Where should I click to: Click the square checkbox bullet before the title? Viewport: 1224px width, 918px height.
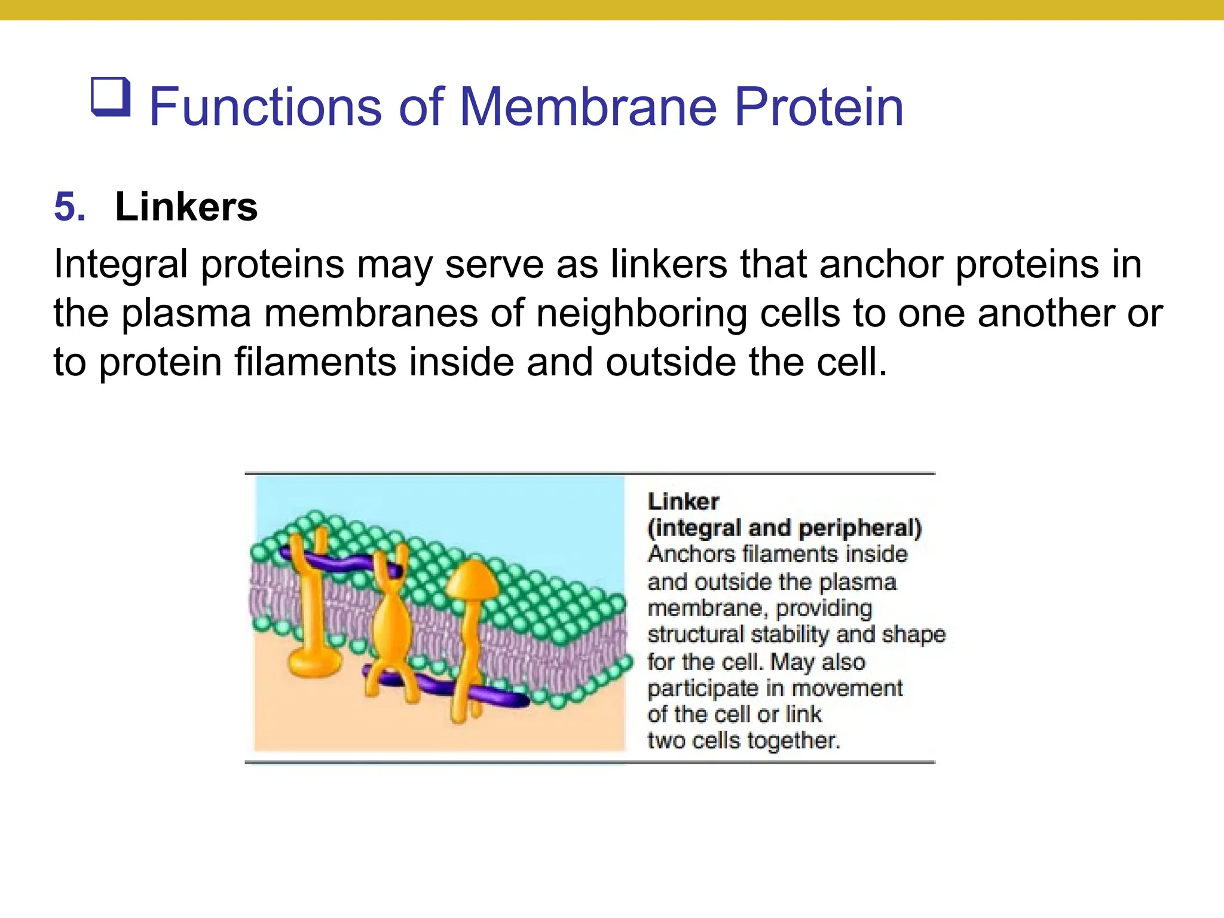(x=111, y=97)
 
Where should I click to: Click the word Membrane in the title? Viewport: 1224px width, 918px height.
(x=588, y=107)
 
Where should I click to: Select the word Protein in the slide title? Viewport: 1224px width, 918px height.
(x=818, y=107)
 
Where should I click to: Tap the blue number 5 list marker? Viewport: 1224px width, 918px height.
(x=69, y=207)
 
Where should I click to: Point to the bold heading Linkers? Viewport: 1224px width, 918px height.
(x=186, y=207)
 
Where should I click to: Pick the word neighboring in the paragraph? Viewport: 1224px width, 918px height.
(x=641, y=313)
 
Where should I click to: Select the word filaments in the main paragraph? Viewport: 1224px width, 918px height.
(x=315, y=362)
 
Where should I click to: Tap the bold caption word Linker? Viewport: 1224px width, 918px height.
(x=683, y=501)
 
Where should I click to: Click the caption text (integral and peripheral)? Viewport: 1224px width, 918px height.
(x=785, y=528)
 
